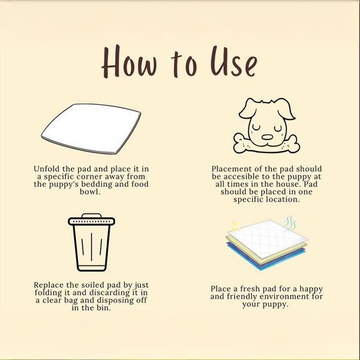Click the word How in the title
point(129,61)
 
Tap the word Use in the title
point(234,61)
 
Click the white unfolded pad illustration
point(91,129)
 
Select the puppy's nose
point(267,137)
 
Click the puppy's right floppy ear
point(286,109)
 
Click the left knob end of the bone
point(241,144)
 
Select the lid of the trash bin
point(91,221)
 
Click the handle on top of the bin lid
point(91,215)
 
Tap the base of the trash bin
point(91,268)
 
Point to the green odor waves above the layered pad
point(290,223)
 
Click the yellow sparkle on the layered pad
point(234,225)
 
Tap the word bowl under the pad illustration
point(90,191)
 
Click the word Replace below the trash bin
point(49,285)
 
